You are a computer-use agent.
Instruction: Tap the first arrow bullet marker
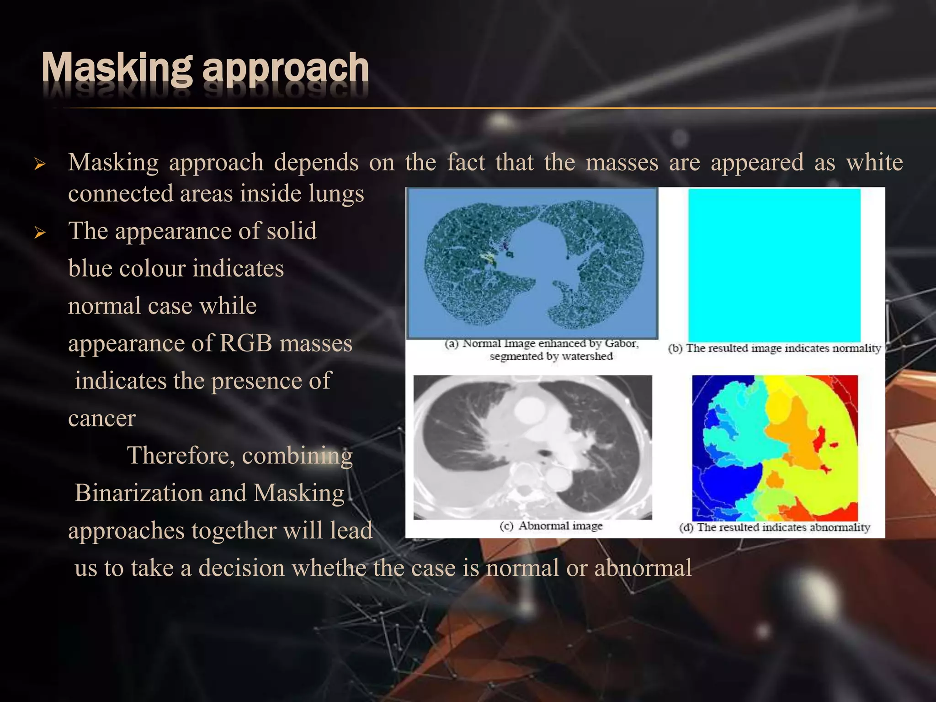40,164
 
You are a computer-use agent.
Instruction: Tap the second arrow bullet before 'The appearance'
40,233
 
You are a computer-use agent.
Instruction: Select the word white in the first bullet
874,163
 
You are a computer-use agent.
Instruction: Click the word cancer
102,419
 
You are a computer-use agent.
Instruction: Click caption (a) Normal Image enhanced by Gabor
542,344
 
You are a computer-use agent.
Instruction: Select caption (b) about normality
774,349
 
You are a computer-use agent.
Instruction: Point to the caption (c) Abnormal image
551,526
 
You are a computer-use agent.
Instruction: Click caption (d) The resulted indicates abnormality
774,527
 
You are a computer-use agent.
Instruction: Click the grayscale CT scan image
532,447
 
